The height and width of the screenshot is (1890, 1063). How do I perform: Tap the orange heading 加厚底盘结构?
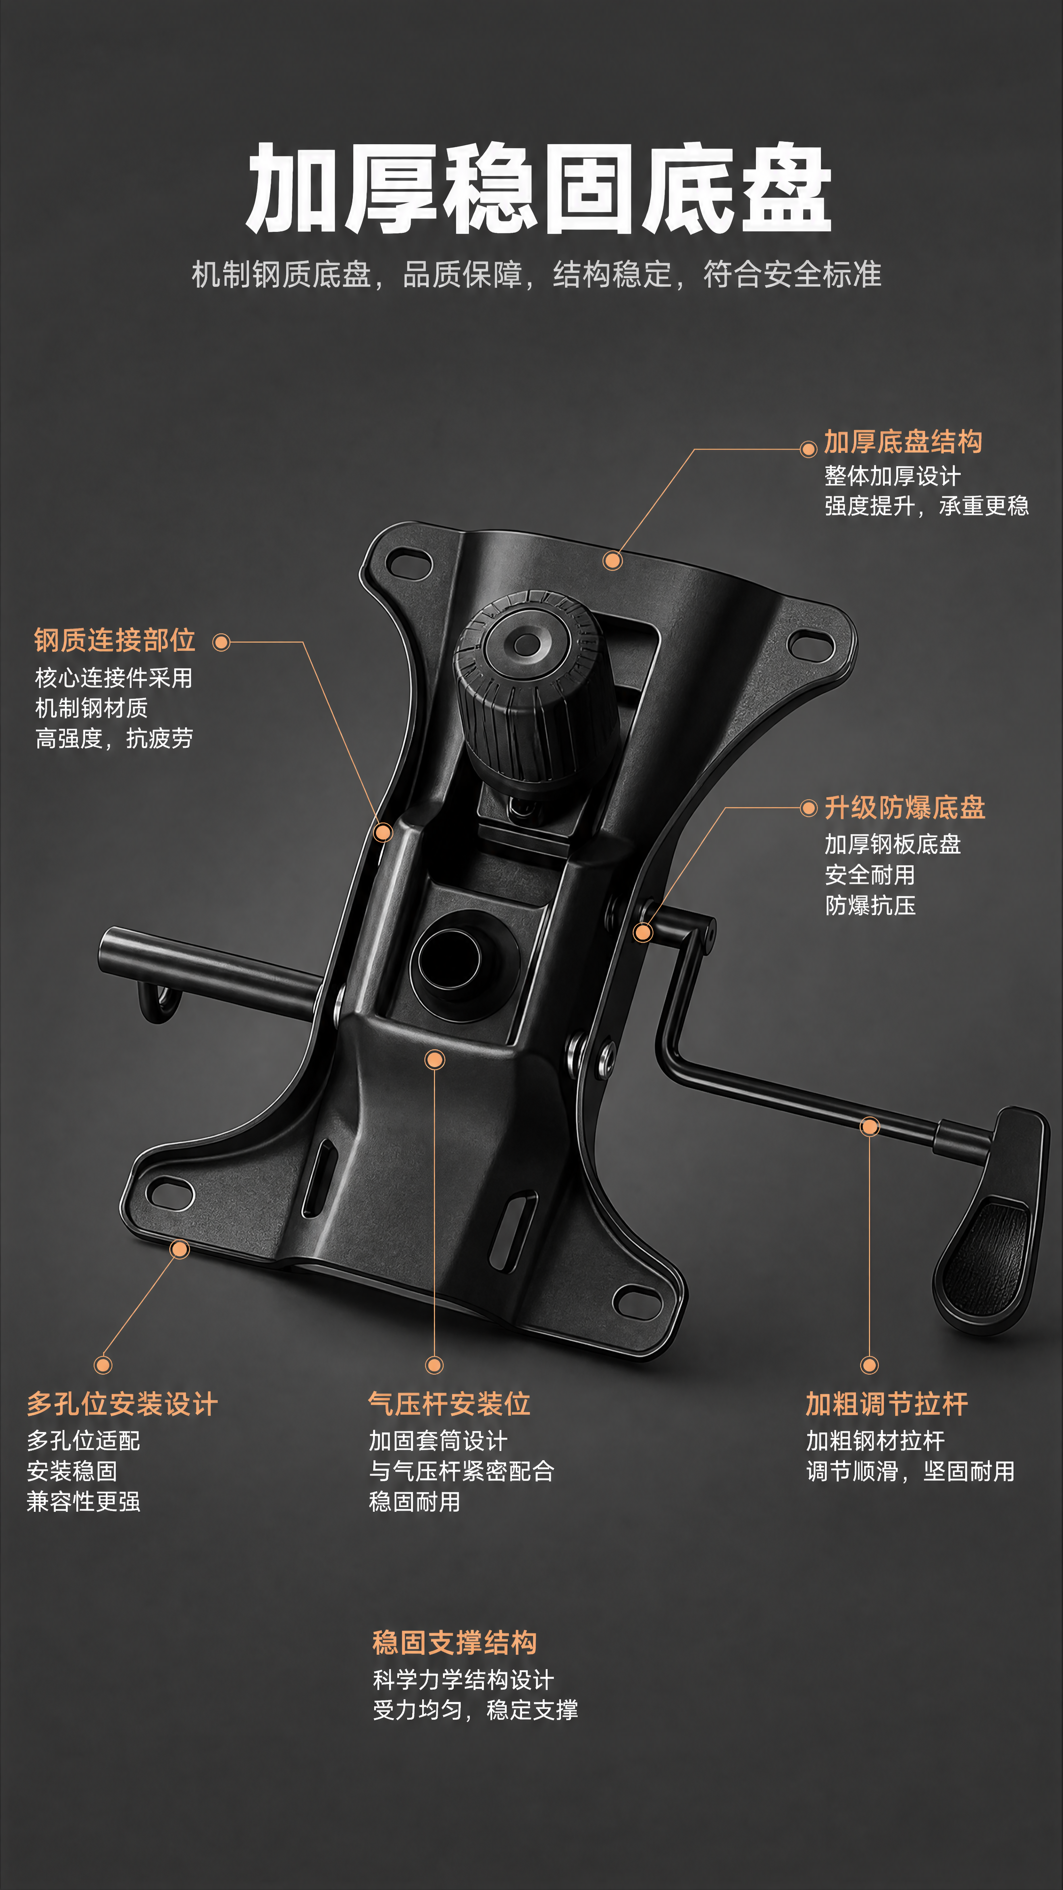point(903,441)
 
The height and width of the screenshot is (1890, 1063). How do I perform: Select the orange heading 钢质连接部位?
point(115,640)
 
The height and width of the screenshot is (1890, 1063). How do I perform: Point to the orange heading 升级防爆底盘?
point(905,808)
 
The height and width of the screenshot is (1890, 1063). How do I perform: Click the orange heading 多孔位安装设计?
point(123,1404)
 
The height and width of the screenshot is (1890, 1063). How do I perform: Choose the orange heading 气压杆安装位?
point(449,1404)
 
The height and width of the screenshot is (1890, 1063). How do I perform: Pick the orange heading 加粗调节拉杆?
point(887,1404)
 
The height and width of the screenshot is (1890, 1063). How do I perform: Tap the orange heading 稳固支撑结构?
point(455,1642)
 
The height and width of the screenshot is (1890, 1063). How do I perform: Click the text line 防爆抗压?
point(870,906)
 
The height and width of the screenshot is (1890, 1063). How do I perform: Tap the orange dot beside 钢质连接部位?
point(221,643)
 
